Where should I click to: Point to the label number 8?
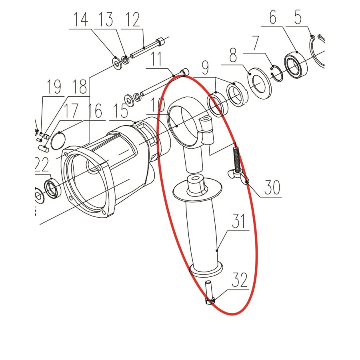pos(234,54)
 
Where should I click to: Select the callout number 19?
pos(54,87)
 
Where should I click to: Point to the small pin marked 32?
pos(209,294)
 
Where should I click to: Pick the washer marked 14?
pos(117,64)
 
